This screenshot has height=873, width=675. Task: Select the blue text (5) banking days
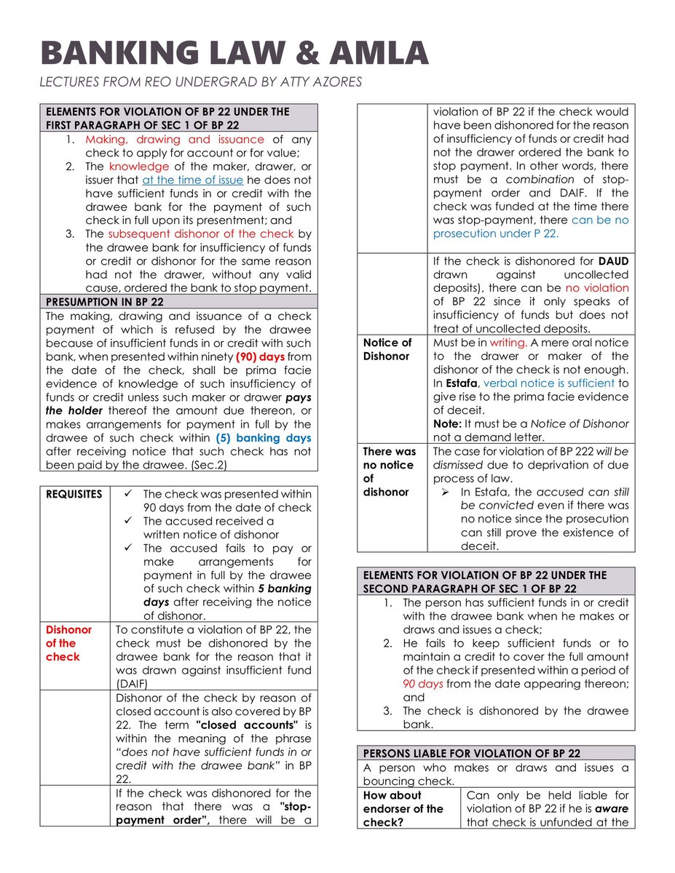click(x=264, y=438)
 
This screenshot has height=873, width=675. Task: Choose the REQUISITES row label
click(x=74, y=494)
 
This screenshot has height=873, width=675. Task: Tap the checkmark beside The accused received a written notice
click(x=127, y=521)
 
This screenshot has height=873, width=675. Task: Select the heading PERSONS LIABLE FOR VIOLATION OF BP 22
click(x=471, y=753)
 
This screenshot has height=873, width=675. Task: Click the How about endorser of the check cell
click(x=403, y=809)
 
